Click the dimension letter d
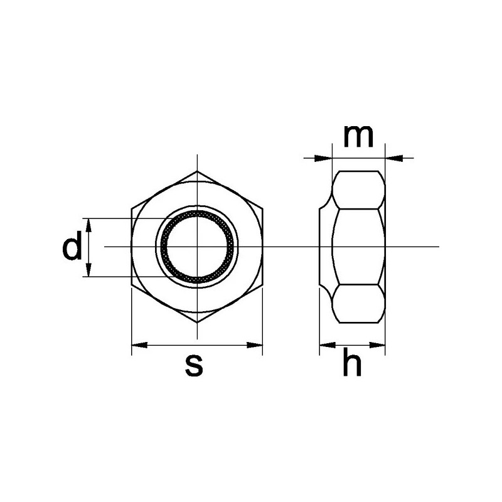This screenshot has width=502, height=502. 72,248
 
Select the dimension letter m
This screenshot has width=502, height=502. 358,136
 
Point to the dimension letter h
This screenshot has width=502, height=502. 352,365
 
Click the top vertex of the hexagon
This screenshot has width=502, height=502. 197,171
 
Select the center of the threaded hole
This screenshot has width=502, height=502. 197,247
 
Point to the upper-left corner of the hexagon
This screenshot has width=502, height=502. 132,209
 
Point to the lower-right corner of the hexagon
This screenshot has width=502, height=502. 262,285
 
